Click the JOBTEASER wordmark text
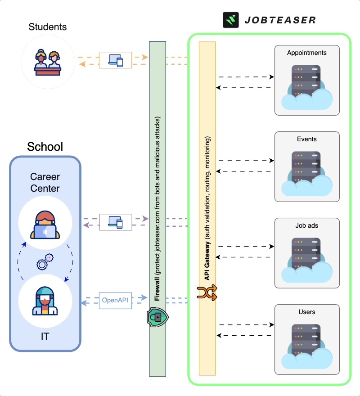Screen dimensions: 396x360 pos(280,20)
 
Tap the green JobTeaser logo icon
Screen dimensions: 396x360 pos(230,20)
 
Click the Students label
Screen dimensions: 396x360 pos(48,27)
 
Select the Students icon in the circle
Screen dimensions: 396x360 pos(48,62)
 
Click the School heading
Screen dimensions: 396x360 pos(45,147)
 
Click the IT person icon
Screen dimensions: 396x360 pos(45,301)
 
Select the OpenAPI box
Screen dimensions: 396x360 pos(116,300)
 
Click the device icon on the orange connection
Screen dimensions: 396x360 pos(116,60)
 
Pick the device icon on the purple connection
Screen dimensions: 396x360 pos(116,222)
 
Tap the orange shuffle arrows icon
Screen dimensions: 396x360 pos(207,292)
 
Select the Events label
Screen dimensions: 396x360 pos(307,139)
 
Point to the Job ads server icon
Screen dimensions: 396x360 pos(306,258)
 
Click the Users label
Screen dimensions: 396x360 pos(307,312)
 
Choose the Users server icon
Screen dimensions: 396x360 pos(306,345)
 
